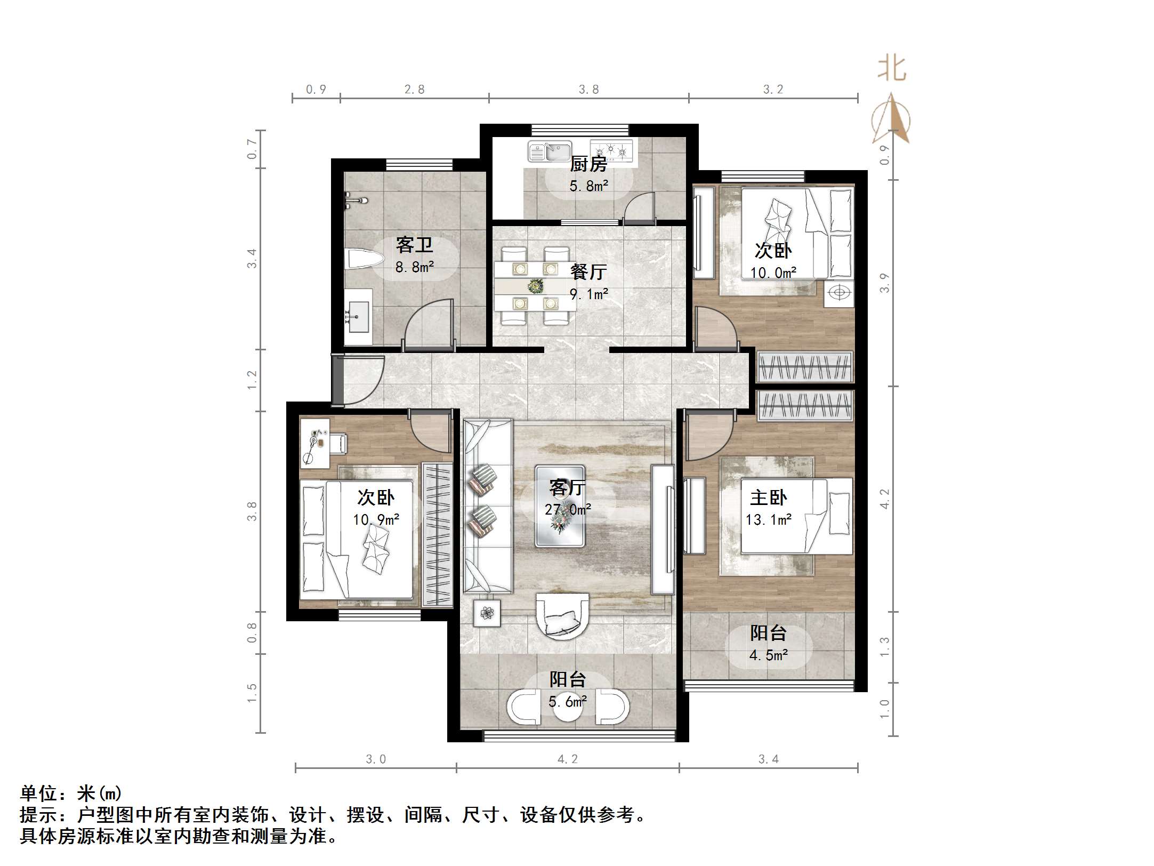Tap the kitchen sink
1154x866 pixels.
click(x=550, y=151)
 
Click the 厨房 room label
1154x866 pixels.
click(x=588, y=164)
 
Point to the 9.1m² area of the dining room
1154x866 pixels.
click(x=588, y=294)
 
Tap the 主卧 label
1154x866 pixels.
click(x=768, y=498)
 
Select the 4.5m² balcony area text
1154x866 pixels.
click(x=768, y=655)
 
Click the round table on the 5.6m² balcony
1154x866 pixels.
click(x=568, y=707)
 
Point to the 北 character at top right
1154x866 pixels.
click(x=892, y=70)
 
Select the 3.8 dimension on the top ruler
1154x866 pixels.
click(x=588, y=90)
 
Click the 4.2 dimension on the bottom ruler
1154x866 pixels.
click(x=567, y=759)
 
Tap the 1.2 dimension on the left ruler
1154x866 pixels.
click(x=252, y=380)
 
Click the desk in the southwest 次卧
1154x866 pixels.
click(x=314, y=443)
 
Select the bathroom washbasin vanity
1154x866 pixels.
click(x=358, y=317)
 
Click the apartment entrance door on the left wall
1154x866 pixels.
click(x=338, y=380)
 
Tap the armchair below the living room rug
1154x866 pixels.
click(x=562, y=616)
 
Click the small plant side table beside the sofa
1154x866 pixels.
click(x=487, y=613)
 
